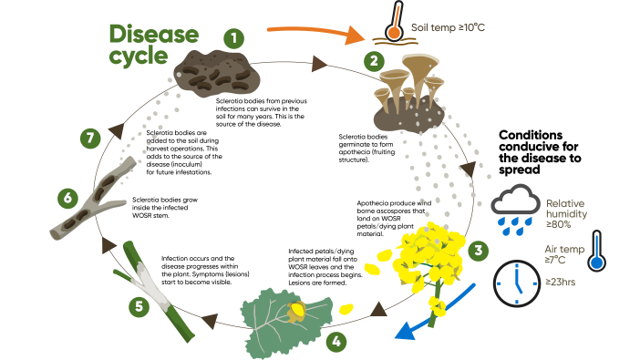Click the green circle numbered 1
pos(235,38)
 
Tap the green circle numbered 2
pos(372,62)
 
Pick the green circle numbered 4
pos(338,342)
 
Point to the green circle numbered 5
pos(138,306)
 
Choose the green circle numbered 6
pos(66,197)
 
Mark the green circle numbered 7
pos(88,139)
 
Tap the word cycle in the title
pos(139,56)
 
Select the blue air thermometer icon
pos(596,250)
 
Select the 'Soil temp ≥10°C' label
pos(449,28)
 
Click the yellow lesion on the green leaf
pos(297,313)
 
